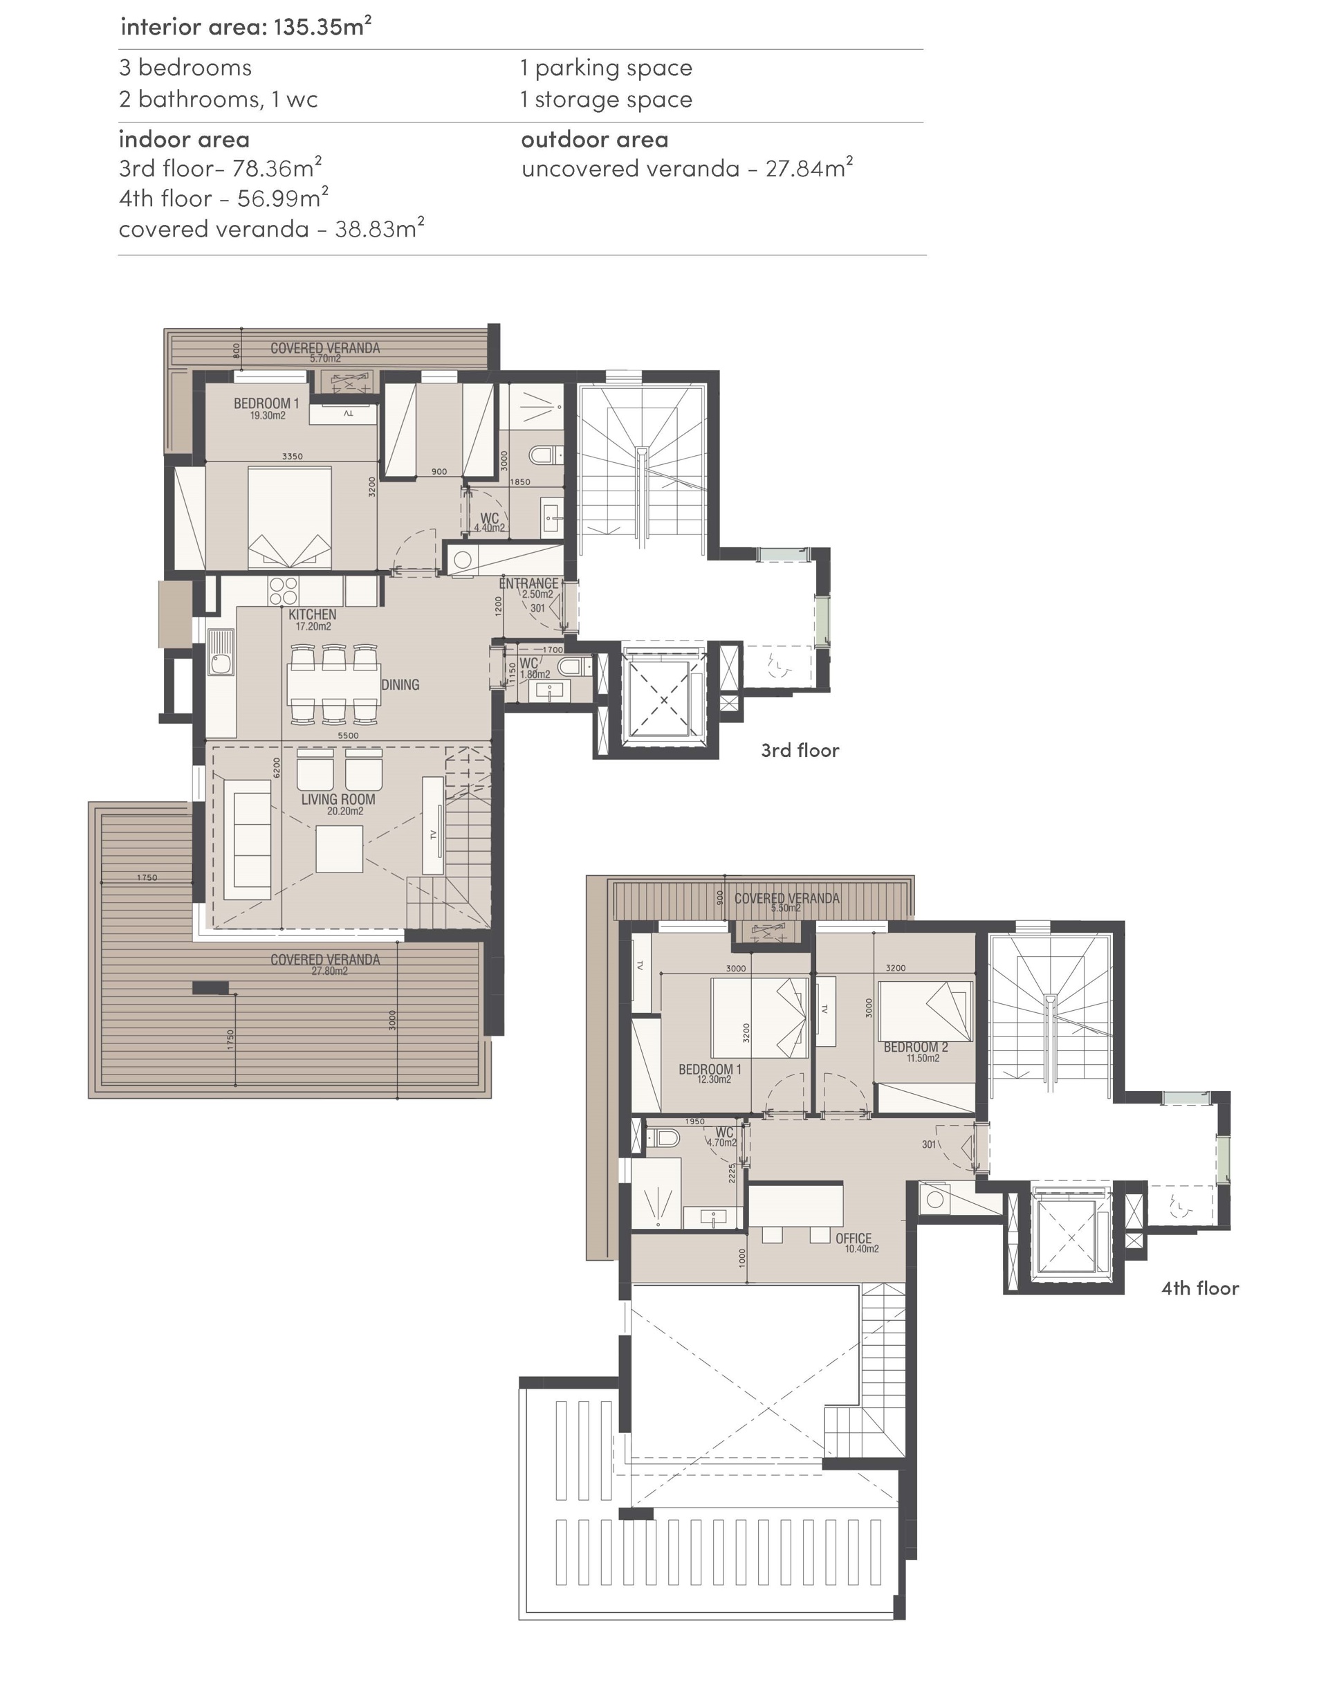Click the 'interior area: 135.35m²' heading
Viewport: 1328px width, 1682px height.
click(x=246, y=26)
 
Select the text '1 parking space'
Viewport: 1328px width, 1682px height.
click(x=607, y=68)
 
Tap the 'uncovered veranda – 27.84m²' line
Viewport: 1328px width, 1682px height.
click(x=688, y=168)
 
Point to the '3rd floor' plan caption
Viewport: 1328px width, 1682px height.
click(x=800, y=751)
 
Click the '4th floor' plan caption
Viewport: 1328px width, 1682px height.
click(x=1200, y=1288)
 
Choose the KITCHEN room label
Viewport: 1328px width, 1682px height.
click(x=313, y=614)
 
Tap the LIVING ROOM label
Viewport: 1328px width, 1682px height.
click(x=338, y=799)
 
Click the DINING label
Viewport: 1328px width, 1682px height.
click(x=400, y=685)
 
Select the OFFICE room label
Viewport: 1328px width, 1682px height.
click(x=854, y=1238)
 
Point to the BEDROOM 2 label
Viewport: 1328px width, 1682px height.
click(x=916, y=1048)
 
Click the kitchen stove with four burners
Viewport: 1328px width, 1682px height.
click(x=283, y=591)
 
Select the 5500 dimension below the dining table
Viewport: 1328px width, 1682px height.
click(x=349, y=735)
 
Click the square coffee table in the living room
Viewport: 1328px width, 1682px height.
click(x=339, y=849)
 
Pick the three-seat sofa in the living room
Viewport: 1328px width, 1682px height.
click(x=247, y=840)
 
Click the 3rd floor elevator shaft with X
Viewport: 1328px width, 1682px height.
click(x=663, y=700)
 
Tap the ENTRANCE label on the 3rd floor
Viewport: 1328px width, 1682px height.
click(x=528, y=583)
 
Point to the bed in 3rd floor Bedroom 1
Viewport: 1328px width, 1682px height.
click(x=289, y=517)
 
